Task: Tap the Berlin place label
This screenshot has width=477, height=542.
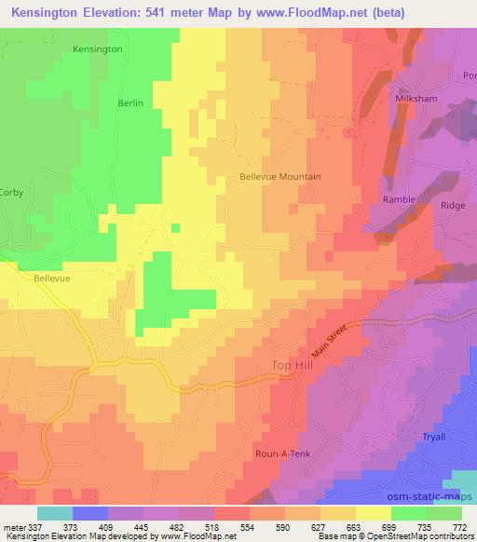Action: [x=130, y=103]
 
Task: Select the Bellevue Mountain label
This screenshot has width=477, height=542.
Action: [x=280, y=176]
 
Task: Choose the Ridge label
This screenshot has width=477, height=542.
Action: [x=452, y=205]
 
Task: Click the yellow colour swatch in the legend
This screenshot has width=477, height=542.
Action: [x=372, y=513]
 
